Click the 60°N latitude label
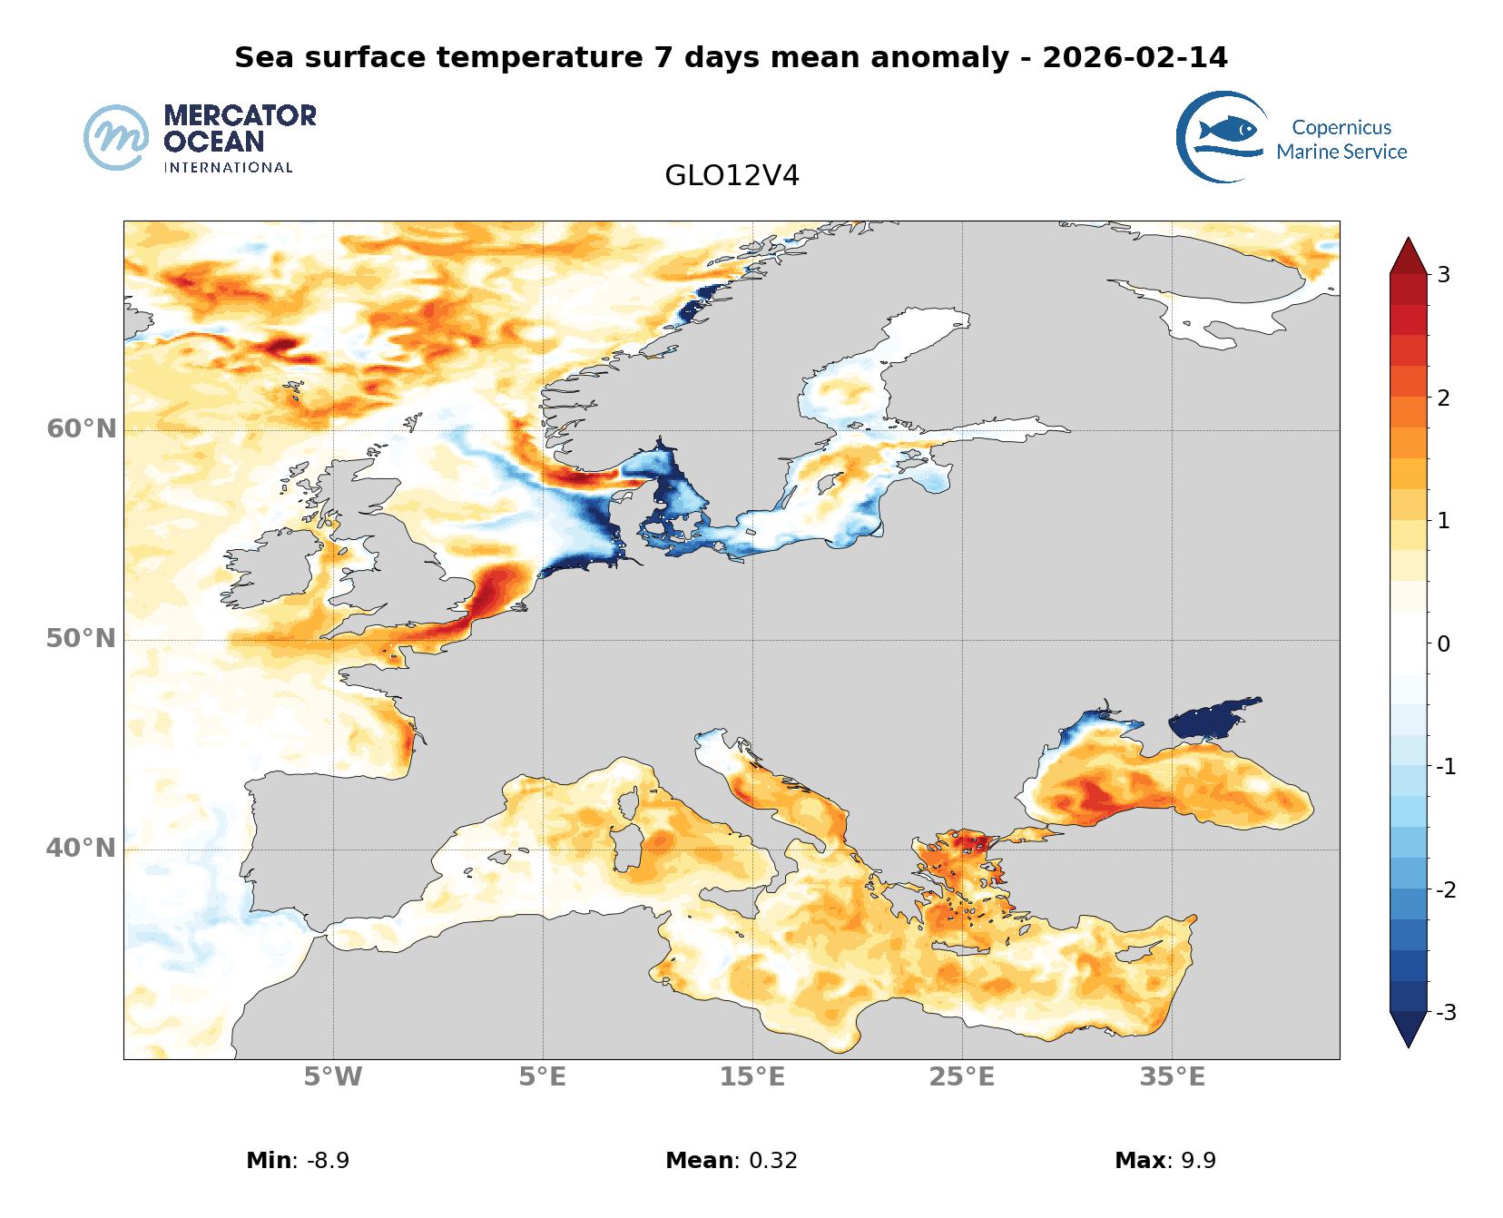click(82, 428)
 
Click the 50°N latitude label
click(82, 639)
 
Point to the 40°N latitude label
click(82, 848)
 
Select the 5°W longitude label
click(333, 1077)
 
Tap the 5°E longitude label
click(543, 1077)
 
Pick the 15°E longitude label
click(752, 1077)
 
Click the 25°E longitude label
click(962, 1077)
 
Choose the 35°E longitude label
click(1172, 1077)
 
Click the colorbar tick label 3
click(1443, 274)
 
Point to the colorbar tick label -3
click(1446, 1012)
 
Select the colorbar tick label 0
click(1443, 643)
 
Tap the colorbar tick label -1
click(1446, 767)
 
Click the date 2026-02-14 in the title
click(1135, 57)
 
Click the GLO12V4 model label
click(732, 175)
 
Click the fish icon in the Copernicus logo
click(1227, 130)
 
